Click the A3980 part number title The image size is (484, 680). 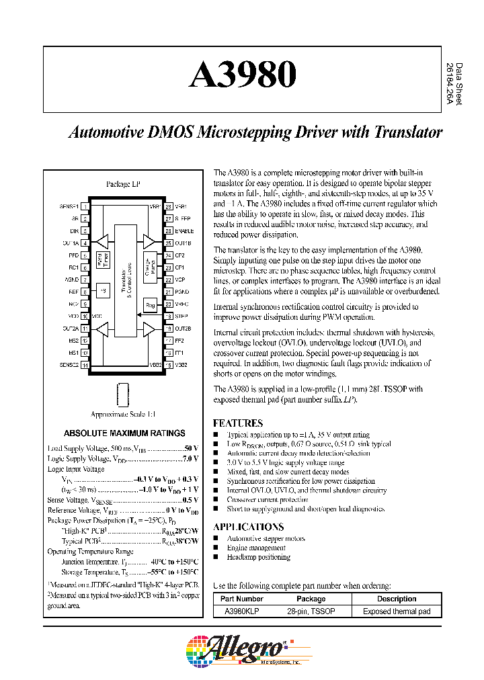pos(243,75)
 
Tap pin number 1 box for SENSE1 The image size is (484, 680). pos(85,207)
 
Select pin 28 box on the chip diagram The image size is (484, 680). pos(169,207)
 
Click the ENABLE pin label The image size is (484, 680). pos(185,230)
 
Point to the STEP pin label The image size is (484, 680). pos(181,316)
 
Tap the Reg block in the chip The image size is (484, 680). pos(150,304)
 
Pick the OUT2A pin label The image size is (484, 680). pos(71,328)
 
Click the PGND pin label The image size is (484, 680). pos(183,292)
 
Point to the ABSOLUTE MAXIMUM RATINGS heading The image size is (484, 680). pos(124,433)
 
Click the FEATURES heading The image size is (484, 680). pos(238,423)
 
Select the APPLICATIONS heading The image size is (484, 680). pos(248,527)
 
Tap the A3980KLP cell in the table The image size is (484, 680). pos(243,611)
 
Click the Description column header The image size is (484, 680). pos(396,599)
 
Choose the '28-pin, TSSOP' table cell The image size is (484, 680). pos(311,611)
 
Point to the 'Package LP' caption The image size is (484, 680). pos(124,183)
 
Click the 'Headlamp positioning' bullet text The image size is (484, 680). pos(258,557)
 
